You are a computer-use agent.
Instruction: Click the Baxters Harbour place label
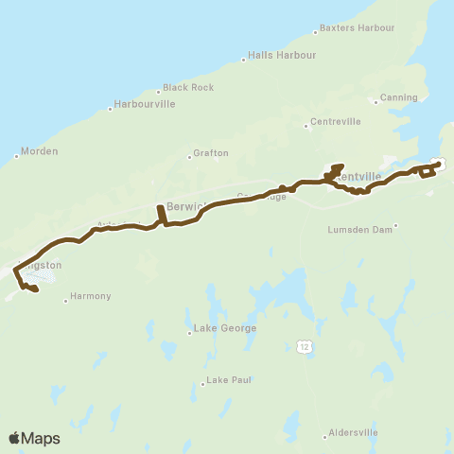pos(358,27)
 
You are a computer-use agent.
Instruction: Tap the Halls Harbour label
pos(282,55)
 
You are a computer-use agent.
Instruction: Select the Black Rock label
pos(188,87)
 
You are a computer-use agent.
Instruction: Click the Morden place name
pos(41,151)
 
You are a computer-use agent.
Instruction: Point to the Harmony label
pos(91,296)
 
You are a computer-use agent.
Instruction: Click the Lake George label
pos(224,328)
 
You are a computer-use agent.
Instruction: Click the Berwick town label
pos(179,206)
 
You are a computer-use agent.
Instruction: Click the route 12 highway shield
pos(303,347)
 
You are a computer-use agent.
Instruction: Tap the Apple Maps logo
pos(34,438)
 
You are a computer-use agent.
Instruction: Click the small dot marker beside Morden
pos(17,156)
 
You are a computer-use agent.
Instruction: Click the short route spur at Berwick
pos(162,215)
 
